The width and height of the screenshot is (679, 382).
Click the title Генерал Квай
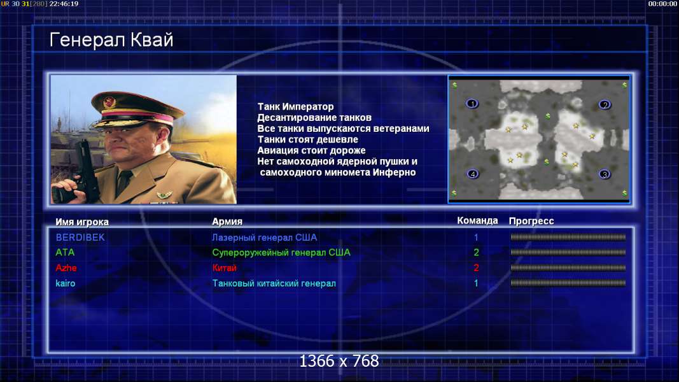pos(111,40)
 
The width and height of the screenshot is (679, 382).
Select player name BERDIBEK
pos(80,237)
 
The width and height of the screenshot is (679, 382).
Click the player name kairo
pos(66,283)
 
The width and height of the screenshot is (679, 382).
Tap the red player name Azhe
pos(66,267)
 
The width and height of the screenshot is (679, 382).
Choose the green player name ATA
pos(65,252)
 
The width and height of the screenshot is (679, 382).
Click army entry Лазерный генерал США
pos(264,237)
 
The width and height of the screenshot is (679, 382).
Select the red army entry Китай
pos(224,267)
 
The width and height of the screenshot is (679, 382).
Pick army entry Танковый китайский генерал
pos(274,283)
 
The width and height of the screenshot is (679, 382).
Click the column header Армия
pos(227,222)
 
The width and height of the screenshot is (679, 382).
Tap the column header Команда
pos(477,220)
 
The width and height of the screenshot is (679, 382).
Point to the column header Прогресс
pos(531,221)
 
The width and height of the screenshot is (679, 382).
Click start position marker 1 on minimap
pos(472,104)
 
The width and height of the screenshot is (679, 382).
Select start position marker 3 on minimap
pos(605,174)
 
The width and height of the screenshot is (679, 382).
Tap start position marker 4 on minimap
pos(472,174)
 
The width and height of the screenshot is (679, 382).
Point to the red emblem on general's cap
pos(109,103)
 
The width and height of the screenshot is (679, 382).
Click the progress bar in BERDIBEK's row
pos(568,237)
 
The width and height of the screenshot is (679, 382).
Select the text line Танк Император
pos(295,106)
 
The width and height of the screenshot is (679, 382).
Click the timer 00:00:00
pos(662,4)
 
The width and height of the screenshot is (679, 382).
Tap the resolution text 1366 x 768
pos(339,361)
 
